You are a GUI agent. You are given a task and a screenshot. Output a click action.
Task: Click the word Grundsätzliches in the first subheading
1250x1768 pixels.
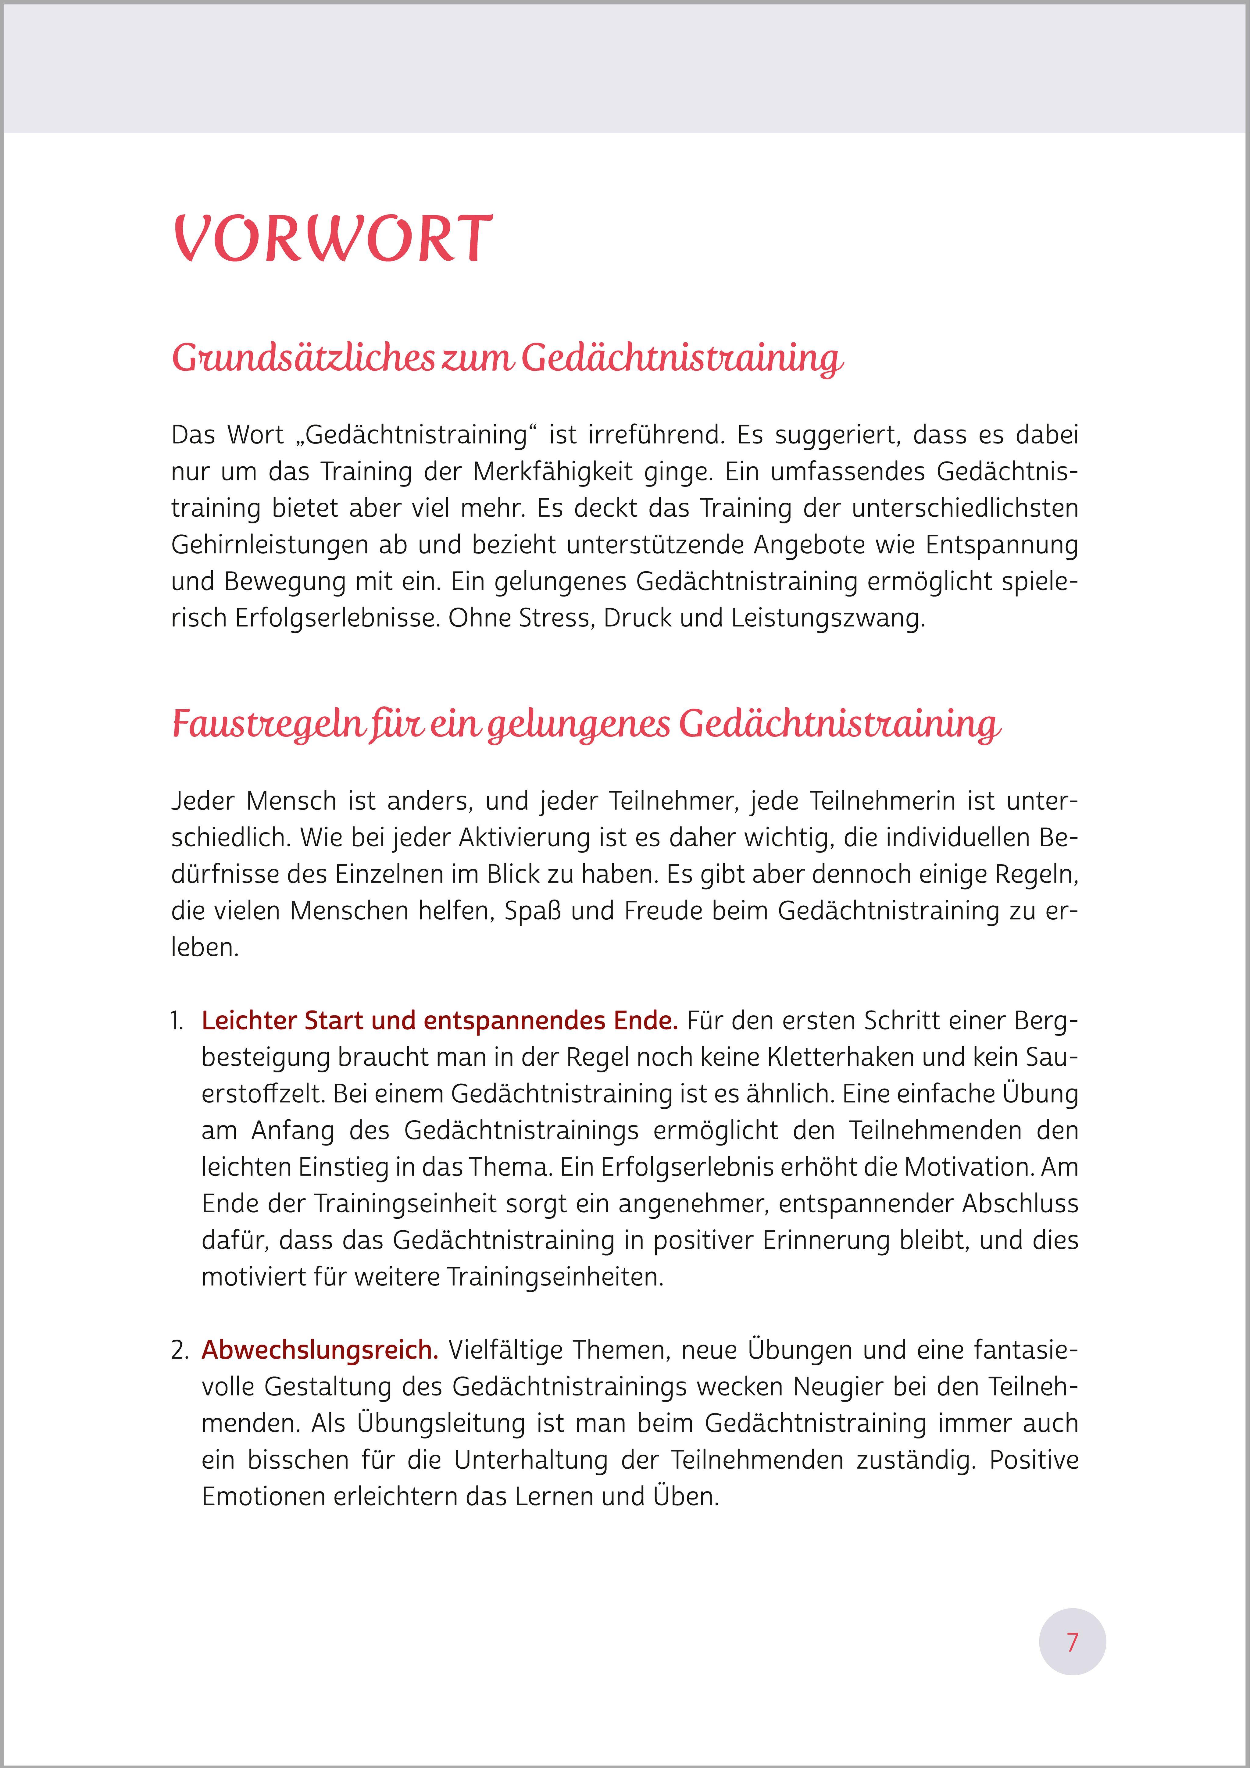point(303,358)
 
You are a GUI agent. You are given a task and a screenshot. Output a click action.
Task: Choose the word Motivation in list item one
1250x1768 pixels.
point(968,1167)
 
